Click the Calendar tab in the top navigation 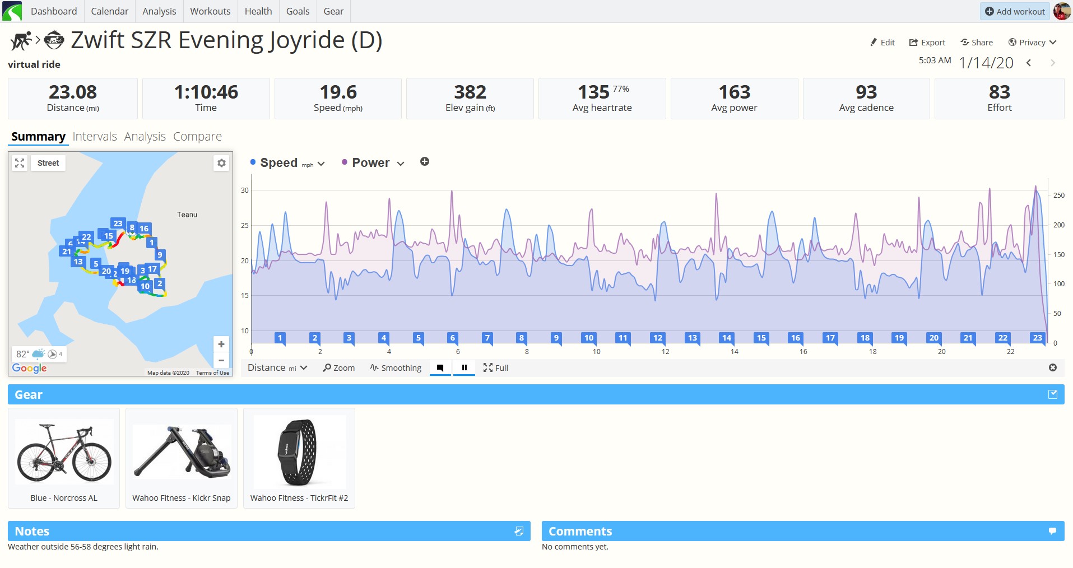pos(109,11)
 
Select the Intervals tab pos(95,136)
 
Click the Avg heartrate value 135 pos(593,92)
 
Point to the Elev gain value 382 pos(470,92)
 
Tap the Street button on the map pos(48,163)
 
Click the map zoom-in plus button pos(221,344)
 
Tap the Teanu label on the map pos(187,215)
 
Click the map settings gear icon pos(221,163)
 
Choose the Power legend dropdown pos(373,163)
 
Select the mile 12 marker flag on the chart pos(657,338)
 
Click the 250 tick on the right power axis pos(1059,195)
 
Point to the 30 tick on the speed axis pos(245,190)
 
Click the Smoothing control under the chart pos(396,368)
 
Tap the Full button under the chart pos(496,368)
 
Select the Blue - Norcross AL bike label pos(64,498)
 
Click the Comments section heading pos(580,531)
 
